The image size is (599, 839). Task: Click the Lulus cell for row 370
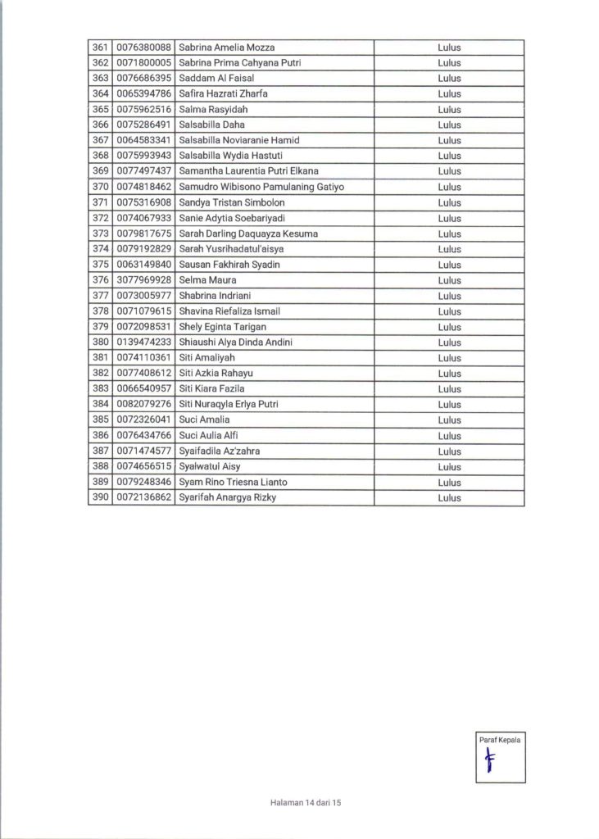coord(449,187)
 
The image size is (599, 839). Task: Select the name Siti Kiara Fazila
coord(211,388)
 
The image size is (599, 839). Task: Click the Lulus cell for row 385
coord(449,419)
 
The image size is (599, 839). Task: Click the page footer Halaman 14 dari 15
coord(304,804)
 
